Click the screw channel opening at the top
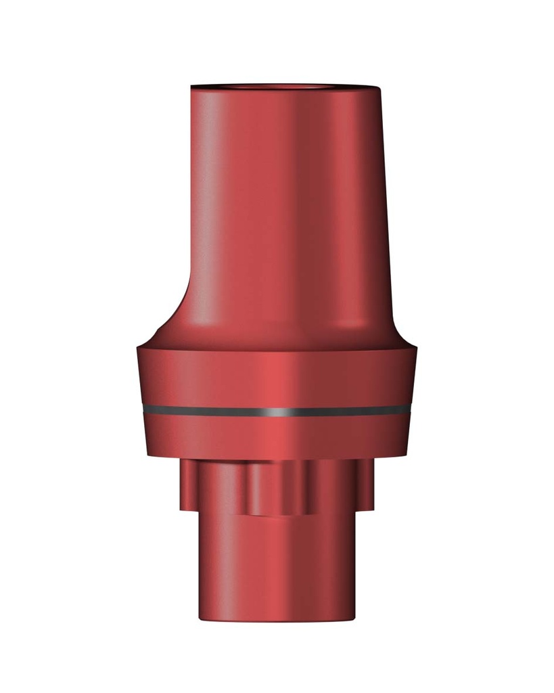[284, 87]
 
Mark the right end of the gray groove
[410, 409]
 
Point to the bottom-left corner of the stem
[200, 617]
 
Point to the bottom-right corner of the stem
[352, 617]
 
